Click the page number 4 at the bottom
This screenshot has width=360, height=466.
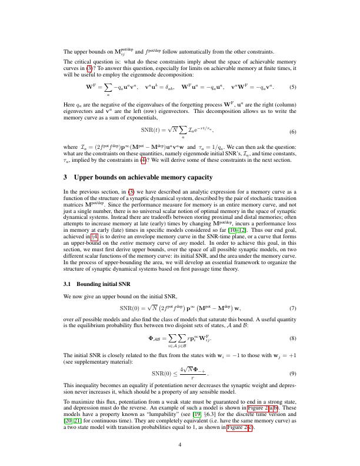pyautogui.click(x=180, y=445)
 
